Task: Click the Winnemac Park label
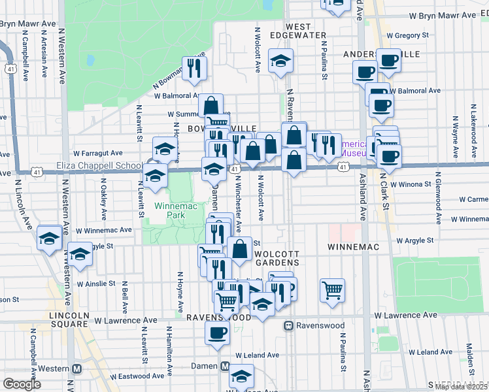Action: coord(171,210)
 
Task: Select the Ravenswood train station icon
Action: coord(288,325)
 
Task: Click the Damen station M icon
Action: coord(225,367)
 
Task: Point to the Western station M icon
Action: coord(76,368)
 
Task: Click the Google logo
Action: coord(22,384)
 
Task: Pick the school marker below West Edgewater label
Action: coord(280,61)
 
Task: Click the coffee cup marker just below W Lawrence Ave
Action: coord(217,332)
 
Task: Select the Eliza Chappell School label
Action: coord(99,166)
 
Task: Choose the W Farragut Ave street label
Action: coord(98,152)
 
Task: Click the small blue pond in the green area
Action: coord(90,61)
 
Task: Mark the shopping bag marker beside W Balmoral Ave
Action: coord(211,105)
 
